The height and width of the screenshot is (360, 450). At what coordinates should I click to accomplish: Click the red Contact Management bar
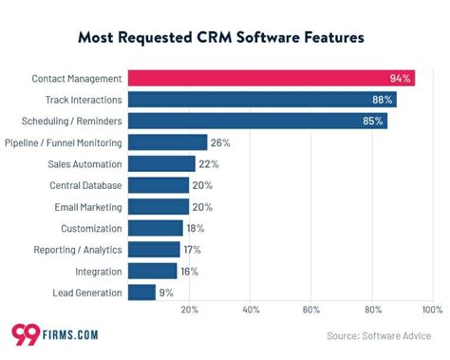(271, 78)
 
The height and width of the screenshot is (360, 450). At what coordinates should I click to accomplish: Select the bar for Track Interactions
(261, 100)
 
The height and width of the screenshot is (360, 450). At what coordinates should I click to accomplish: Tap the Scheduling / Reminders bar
(256, 121)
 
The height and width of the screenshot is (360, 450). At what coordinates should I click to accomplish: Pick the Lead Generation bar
(141, 293)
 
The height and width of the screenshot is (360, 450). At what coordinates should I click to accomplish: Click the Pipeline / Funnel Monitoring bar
(167, 142)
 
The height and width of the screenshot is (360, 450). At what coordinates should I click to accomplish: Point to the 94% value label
(400, 78)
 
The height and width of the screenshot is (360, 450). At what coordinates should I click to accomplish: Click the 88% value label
(383, 100)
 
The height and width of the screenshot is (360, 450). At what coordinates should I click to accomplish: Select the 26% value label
(220, 142)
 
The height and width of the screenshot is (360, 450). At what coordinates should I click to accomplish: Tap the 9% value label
(166, 293)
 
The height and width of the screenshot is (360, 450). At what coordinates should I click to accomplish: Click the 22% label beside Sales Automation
(209, 163)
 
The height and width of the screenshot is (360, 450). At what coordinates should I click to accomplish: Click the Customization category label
(91, 228)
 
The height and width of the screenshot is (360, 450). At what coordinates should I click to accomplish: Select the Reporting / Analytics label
(80, 250)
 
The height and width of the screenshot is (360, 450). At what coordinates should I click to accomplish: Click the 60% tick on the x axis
(310, 310)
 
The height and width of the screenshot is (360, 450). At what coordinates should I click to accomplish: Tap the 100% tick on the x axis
(432, 310)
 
